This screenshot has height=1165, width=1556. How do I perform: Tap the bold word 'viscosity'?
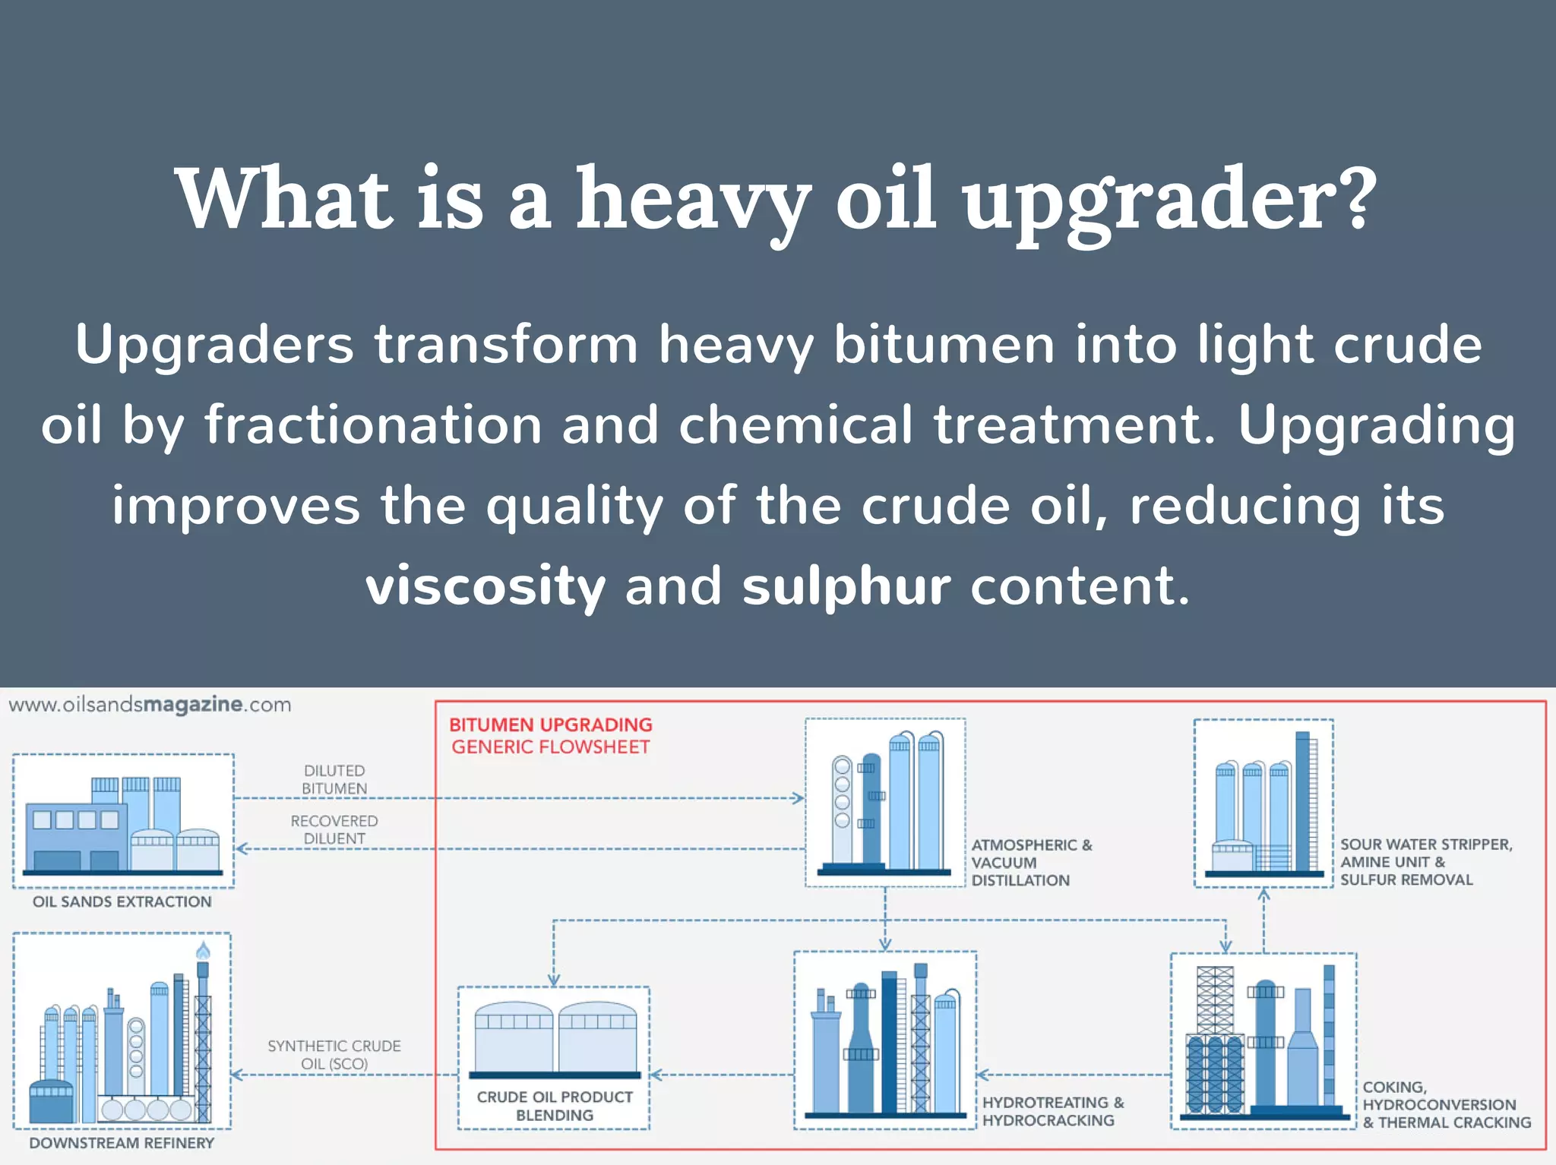click(x=485, y=587)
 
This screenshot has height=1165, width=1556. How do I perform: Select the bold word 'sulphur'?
click(x=846, y=587)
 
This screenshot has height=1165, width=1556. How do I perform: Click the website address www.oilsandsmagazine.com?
click(x=150, y=705)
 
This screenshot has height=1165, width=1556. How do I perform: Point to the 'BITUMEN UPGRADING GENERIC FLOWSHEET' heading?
click(x=551, y=735)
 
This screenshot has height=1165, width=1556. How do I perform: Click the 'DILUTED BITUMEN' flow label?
click(x=334, y=779)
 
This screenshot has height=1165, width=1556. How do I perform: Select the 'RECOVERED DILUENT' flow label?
click(x=334, y=829)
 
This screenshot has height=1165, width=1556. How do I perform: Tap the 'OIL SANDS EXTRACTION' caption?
click(x=122, y=901)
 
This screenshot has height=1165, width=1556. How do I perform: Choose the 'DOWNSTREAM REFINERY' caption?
click(x=122, y=1143)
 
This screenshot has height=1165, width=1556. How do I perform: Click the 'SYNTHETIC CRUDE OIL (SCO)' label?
click(x=334, y=1054)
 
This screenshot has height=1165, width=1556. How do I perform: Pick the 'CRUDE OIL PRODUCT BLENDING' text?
click(x=555, y=1106)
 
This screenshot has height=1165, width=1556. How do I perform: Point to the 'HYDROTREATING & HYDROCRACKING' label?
click(x=1052, y=1111)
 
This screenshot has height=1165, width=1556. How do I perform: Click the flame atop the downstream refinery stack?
click(x=203, y=950)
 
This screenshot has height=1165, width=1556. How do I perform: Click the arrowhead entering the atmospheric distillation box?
click(x=798, y=798)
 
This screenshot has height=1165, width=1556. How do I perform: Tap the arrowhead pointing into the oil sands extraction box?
click(x=242, y=849)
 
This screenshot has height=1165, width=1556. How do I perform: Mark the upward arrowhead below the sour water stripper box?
click(x=1263, y=895)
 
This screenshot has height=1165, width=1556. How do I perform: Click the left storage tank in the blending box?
click(x=514, y=1037)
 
